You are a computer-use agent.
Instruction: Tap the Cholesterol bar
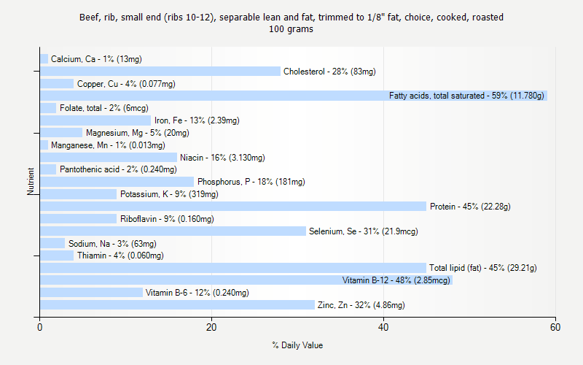pyautogui.click(x=160, y=72)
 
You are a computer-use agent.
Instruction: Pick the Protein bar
pyautogui.click(x=233, y=207)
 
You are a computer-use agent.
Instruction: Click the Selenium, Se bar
pyautogui.click(x=173, y=231)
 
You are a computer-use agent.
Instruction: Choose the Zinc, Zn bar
pyautogui.click(x=177, y=305)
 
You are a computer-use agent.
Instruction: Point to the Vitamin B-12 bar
pyautogui.click(x=246, y=280)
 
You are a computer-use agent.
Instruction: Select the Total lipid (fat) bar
pyautogui.click(x=233, y=268)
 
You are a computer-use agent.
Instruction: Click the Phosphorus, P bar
pyautogui.click(x=117, y=182)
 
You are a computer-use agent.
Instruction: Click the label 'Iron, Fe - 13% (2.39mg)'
pyautogui.click(x=197, y=120)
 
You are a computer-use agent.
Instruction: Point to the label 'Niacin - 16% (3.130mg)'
pyautogui.click(x=222, y=158)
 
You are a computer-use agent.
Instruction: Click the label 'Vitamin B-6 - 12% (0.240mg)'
pyautogui.click(x=197, y=293)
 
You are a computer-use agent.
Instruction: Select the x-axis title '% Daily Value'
pyautogui.click(x=297, y=345)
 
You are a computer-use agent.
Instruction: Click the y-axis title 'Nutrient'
pyautogui.click(x=31, y=182)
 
